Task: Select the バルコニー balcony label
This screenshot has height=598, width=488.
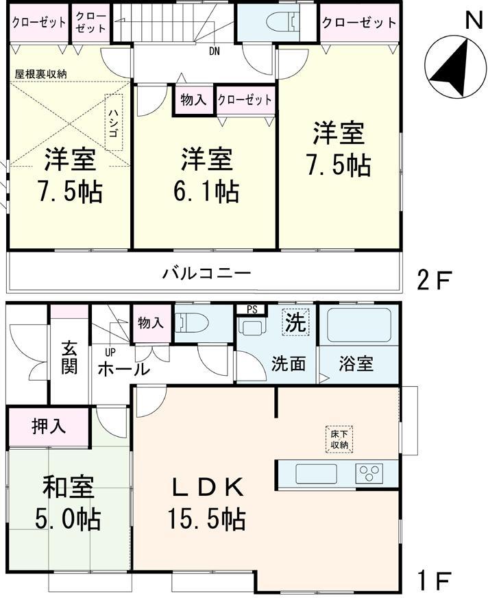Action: [x=206, y=274]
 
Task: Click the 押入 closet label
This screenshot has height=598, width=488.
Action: [x=48, y=426]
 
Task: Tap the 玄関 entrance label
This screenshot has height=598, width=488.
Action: [x=69, y=357]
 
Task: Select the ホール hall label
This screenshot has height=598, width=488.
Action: [x=123, y=369]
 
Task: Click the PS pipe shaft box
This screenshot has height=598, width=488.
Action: [x=252, y=309]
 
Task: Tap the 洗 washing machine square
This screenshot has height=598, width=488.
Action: [x=295, y=322]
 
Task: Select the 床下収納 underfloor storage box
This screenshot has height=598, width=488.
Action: [x=337, y=440]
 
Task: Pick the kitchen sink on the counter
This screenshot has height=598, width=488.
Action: [x=316, y=473]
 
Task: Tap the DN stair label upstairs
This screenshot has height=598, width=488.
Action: [x=215, y=50]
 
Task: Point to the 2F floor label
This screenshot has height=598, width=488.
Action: [x=436, y=280]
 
